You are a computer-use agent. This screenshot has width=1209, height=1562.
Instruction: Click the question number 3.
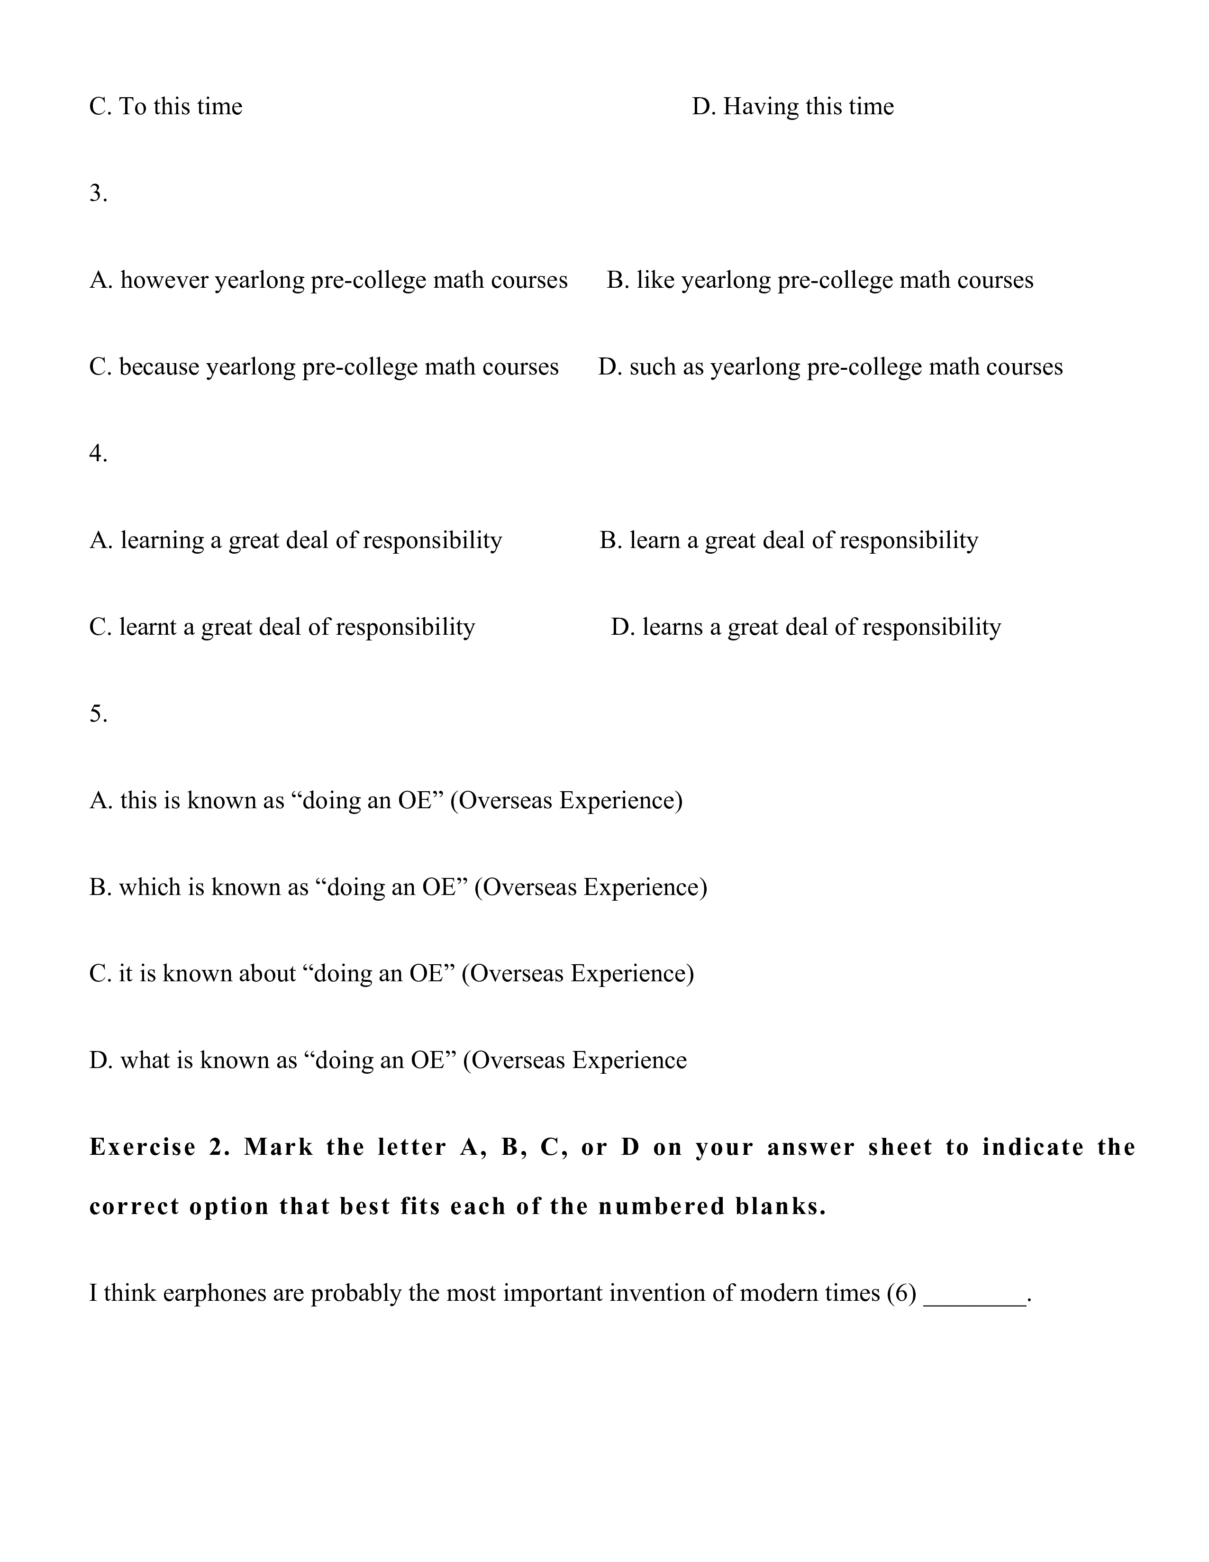tap(98, 193)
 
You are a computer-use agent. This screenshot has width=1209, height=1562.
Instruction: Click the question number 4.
tap(98, 454)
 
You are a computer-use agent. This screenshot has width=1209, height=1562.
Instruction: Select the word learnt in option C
tap(147, 627)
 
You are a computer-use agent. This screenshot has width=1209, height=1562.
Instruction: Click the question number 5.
tap(98, 714)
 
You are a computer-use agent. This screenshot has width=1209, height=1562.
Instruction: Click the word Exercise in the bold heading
tap(142, 1148)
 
